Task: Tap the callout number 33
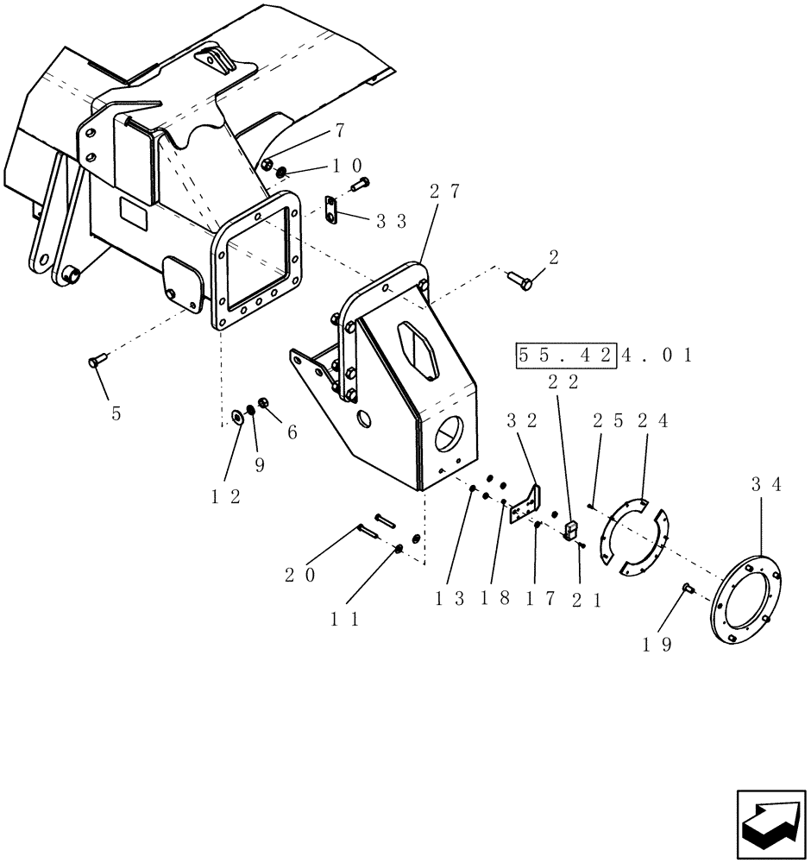click(392, 221)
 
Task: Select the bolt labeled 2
click(521, 279)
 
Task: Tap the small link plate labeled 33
click(331, 208)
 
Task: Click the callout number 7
click(339, 130)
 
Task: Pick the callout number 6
click(292, 433)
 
